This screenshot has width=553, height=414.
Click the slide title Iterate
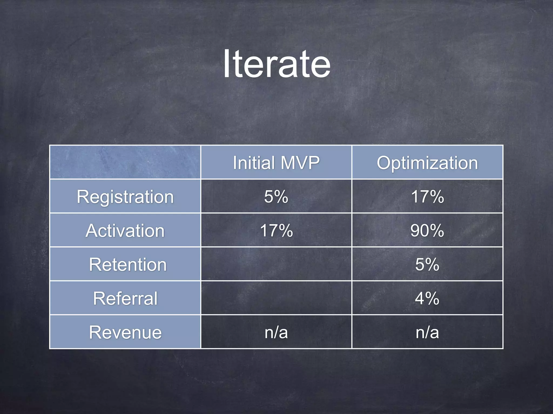click(276, 64)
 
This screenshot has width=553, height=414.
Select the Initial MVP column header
click(276, 163)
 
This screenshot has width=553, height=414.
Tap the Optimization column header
click(427, 163)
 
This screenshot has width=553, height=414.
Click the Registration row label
click(125, 196)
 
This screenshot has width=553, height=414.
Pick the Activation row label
click(125, 230)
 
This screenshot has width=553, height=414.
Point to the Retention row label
click(128, 264)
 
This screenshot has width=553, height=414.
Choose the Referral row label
click(125, 298)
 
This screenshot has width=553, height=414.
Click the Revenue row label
click(125, 332)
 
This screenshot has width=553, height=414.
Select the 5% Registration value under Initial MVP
click(276, 196)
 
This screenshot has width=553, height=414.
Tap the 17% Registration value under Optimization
click(427, 196)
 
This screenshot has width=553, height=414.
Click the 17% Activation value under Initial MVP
click(276, 230)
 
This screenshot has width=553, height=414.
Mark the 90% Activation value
click(427, 230)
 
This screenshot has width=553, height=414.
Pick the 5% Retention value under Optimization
click(427, 264)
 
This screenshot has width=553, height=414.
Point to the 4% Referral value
click(427, 298)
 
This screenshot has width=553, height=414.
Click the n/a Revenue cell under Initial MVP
click(276, 332)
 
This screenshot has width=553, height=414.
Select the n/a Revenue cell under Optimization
click(427, 332)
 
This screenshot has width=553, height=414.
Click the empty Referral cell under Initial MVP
click(276, 298)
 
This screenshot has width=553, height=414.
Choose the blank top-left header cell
click(125, 162)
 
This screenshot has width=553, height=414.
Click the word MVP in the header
click(300, 163)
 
